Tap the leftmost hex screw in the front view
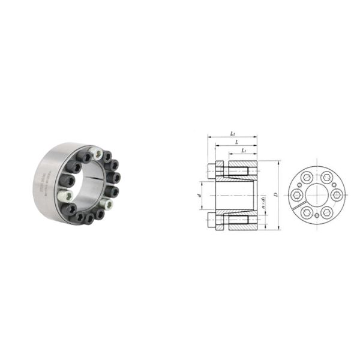click(295, 196)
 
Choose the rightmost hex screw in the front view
click(337, 195)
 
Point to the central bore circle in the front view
click(316, 195)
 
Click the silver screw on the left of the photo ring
click(64, 195)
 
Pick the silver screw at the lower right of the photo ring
click(109, 205)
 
